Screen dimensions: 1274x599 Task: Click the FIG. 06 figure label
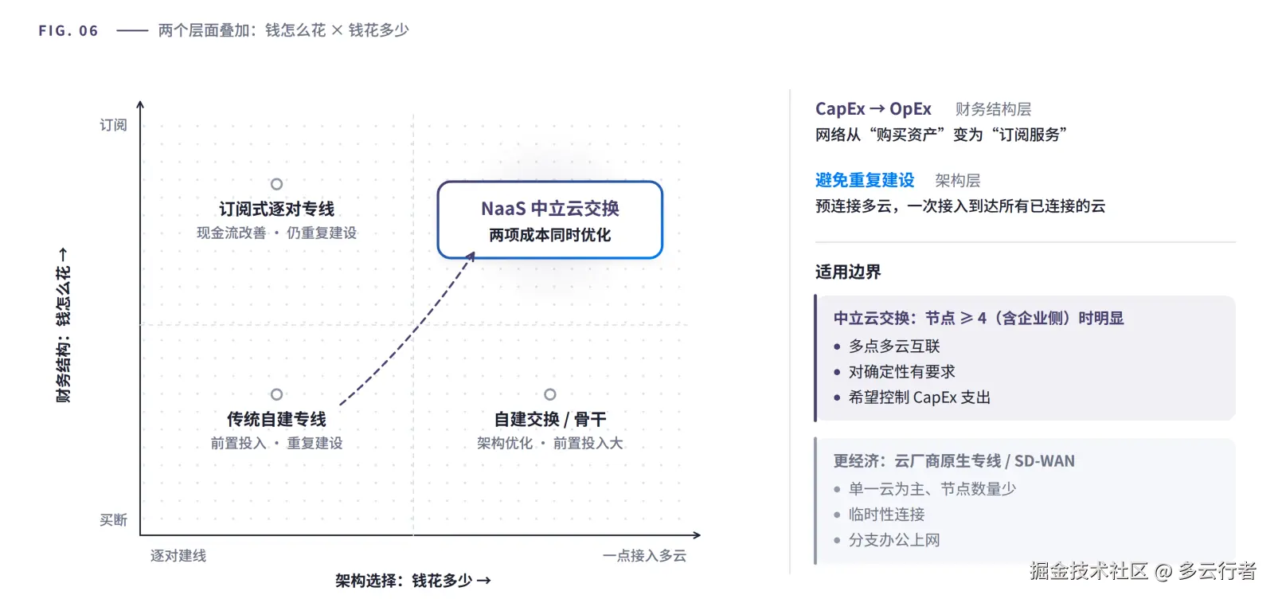pyautogui.click(x=68, y=30)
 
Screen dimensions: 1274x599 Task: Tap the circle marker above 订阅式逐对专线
pyautogui.click(x=276, y=184)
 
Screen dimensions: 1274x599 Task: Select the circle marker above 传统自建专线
pyautogui.click(x=276, y=394)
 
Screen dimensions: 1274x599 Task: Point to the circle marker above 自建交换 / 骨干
pyautogui.click(x=550, y=394)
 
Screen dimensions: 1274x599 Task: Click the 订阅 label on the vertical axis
pyautogui.click(x=113, y=124)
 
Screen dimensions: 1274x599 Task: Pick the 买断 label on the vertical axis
pyautogui.click(x=113, y=520)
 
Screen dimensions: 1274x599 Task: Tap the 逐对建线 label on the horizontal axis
pyautogui.click(x=178, y=556)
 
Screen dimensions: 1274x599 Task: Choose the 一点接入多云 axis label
pyautogui.click(x=644, y=556)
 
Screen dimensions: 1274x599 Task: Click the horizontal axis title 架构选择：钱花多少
pyautogui.click(x=413, y=581)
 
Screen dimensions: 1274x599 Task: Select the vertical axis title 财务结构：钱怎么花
pyautogui.click(x=64, y=325)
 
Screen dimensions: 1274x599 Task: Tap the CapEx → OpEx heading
pyautogui.click(x=873, y=108)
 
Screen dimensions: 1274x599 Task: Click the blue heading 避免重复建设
pyautogui.click(x=865, y=180)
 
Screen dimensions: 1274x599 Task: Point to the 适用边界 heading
pyautogui.click(x=848, y=272)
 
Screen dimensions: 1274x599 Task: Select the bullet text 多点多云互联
pyautogui.click(x=894, y=346)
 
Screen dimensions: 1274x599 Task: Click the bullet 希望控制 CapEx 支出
pyautogui.click(x=920, y=397)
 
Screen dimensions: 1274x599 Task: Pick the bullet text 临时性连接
pyautogui.click(x=887, y=515)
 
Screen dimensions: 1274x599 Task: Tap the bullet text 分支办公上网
pyautogui.click(x=894, y=540)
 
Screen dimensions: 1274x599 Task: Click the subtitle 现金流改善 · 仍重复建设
pyautogui.click(x=276, y=233)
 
